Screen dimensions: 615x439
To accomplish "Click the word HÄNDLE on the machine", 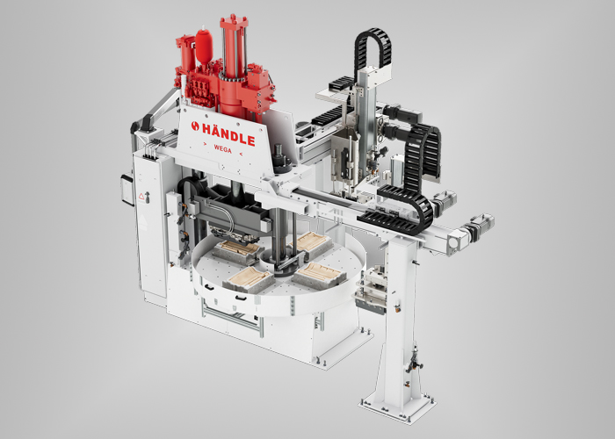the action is tap(228, 134).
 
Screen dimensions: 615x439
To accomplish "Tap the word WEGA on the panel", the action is tap(223, 149).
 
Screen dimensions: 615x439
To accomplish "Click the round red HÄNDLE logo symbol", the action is tap(195, 126).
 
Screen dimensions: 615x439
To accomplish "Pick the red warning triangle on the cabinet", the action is tap(141, 196).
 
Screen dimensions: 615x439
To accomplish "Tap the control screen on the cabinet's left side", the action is tap(127, 190).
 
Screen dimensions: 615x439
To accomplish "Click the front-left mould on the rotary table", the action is tap(249, 279).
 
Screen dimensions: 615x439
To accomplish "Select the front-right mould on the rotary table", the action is tap(319, 275).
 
